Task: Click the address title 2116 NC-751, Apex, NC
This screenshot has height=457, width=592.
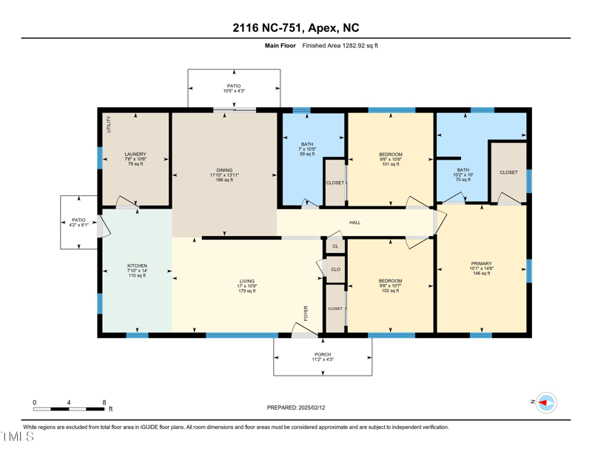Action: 295,27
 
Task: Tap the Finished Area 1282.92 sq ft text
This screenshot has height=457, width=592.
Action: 340,46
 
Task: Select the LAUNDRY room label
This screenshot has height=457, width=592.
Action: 135,155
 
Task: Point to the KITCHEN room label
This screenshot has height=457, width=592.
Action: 137,265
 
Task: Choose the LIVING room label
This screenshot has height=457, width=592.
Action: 246,281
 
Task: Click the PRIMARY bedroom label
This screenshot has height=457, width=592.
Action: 481,263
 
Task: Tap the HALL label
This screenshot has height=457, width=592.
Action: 355,223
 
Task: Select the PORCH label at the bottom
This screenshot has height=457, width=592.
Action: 323,354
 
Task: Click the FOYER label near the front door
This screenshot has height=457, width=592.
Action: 305,313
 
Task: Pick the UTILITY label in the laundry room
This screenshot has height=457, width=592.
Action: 108,123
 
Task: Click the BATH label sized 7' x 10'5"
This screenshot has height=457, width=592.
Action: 307,144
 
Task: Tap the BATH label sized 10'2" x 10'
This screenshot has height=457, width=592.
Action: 462,170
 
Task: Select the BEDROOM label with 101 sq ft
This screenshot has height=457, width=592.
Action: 390,155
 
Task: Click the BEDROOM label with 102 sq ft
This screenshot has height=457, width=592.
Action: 390,281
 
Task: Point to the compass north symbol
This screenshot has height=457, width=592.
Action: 545,402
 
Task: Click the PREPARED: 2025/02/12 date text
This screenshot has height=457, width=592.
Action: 295,407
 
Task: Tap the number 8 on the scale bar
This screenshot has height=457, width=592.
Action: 104,402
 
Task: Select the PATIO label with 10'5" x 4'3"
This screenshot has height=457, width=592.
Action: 233,87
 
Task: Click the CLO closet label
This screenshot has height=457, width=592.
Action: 335,269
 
